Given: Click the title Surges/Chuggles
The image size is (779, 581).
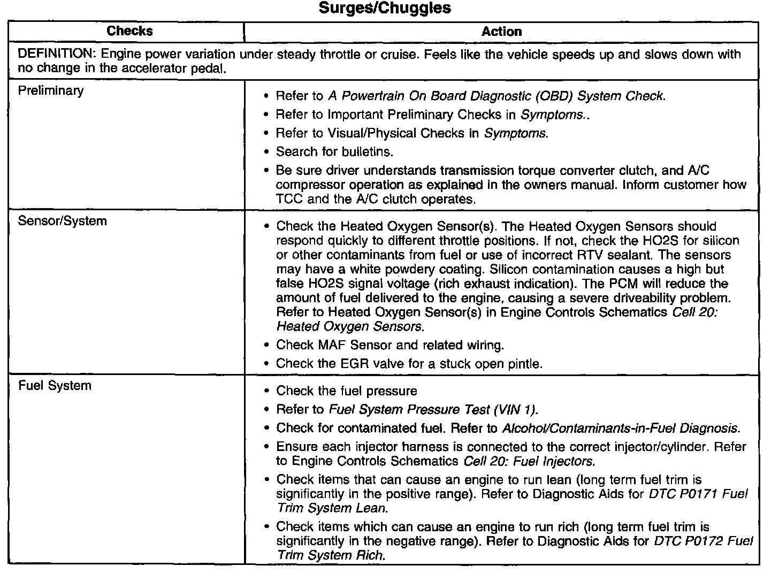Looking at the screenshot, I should point(385,9).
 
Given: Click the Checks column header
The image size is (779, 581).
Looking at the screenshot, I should point(129,31).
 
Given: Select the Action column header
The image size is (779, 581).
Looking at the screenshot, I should point(501,32).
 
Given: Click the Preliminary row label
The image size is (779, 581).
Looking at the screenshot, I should point(51,90).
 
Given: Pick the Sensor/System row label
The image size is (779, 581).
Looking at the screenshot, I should point(62,221).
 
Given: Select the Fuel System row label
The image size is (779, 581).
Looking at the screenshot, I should point(55,386).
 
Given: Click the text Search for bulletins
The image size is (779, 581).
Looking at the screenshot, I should point(334,152).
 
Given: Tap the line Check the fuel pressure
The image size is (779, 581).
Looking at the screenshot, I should point(346,391).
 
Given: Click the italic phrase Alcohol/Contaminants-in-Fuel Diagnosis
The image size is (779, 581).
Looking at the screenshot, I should point(621,429).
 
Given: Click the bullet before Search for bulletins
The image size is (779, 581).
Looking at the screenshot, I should point(266,152).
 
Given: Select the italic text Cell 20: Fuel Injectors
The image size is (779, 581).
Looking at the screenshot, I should point(529,461).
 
